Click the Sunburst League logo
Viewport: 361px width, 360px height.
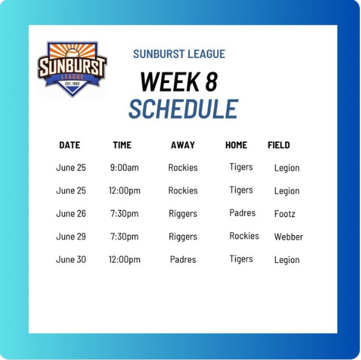pos(72,69)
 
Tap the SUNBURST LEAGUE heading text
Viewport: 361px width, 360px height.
pos(179,54)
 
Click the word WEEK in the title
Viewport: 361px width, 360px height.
pos(170,82)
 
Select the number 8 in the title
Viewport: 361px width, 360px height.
pos(211,82)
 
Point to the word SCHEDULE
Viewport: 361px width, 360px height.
pos(183,109)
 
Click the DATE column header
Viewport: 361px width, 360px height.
pos(70,145)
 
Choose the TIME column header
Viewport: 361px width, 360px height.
pos(122,145)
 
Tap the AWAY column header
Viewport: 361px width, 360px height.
pos(183,145)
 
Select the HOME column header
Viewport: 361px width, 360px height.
pos(236,145)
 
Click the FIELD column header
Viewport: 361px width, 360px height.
pos(279,145)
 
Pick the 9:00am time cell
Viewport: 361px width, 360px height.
pos(125,168)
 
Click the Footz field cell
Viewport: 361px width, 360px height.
pos(284,214)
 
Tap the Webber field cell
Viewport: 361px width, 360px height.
pos(288,237)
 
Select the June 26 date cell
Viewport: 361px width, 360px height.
pos(71,214)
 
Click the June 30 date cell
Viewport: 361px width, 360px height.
pos(71,260)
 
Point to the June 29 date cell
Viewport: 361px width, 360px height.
pos(71,237)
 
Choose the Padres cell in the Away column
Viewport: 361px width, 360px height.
pos(183,260)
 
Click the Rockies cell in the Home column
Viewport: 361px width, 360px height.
pos(244,236)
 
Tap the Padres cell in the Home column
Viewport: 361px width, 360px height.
pos(242,213)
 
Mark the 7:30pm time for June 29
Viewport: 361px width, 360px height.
pos(125,237)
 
